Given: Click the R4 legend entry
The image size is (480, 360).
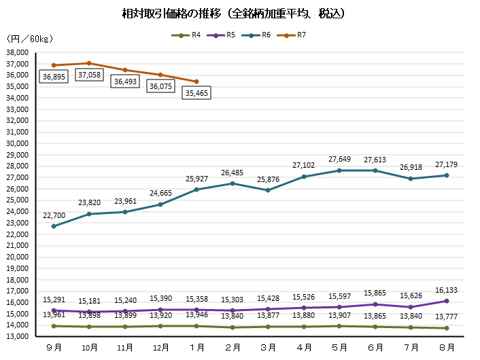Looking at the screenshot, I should click(188, 35).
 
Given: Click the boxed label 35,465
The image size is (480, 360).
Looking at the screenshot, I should click(196, 93).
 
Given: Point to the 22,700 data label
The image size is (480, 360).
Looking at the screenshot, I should click(54, 215).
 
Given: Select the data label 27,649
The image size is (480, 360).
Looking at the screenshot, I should click(339, 159).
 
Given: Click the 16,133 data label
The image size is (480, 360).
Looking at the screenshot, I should click(446, 289).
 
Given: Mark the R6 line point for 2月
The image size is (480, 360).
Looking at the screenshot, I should click(233, 183).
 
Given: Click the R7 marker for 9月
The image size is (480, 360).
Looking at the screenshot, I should click(54, 65).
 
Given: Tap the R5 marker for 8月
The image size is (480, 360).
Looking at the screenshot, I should click(446, 301).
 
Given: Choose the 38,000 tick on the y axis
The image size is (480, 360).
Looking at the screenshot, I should click(16, 52).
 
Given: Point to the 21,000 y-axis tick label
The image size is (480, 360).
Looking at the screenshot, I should click(16, 246).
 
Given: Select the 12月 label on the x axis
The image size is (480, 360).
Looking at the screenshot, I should click(160, 347).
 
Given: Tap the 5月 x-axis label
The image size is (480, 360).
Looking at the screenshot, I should click(339, 347).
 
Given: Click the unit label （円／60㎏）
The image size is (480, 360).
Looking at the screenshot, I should click(23, 39).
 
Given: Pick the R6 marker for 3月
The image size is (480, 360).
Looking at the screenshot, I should click(268, 190).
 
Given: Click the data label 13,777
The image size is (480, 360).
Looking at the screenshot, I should click(446, 316).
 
